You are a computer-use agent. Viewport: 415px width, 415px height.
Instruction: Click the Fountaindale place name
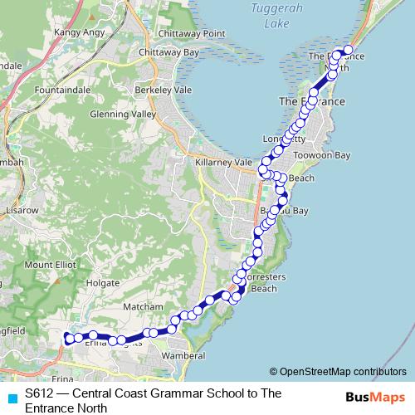[x=63, y=87]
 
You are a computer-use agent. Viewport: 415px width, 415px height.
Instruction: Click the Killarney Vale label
[x=222, y=163]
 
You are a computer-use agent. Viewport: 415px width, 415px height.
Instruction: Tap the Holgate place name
[x=103, y=282]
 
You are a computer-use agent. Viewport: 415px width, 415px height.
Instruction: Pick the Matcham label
[x=138, y=306]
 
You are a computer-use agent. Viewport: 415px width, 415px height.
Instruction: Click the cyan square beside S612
[x=12, y=398]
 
